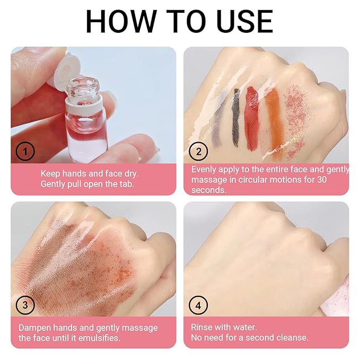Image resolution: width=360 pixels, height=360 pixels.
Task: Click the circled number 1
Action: pos(25,151)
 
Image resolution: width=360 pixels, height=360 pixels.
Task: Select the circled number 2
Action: pos(198,152)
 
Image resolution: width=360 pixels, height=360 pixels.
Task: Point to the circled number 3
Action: pos(25,305)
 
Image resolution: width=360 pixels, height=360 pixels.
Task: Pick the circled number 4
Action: pos(198,305)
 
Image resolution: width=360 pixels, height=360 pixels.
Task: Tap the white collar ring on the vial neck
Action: pos(84,104)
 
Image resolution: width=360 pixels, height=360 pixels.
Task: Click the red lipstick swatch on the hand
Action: pos(252,117)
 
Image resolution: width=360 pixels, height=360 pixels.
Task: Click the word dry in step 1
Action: pos(131,174)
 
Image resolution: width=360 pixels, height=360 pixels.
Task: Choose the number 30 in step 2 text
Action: pos(321,179)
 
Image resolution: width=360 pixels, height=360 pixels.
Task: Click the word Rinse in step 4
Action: pos(201,327)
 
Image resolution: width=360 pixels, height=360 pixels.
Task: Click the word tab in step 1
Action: pos(127,184)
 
